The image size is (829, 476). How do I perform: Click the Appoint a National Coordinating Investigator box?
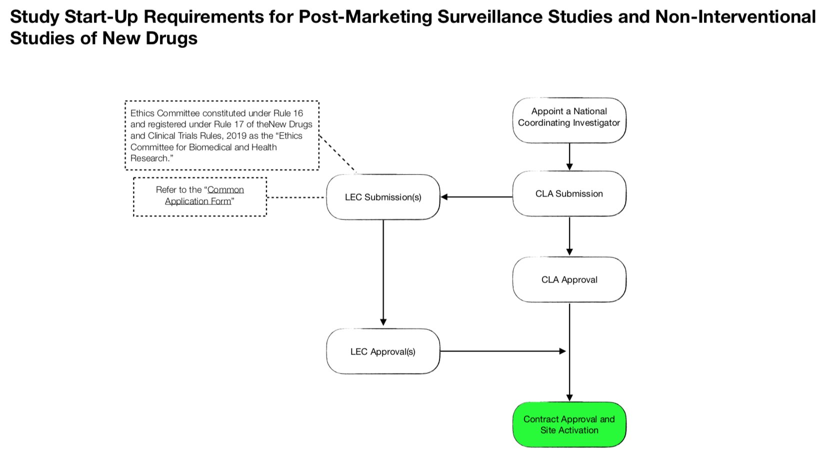[x=569, y=120]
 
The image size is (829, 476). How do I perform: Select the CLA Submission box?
[x=569, y=193]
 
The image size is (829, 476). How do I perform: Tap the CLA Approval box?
[x=569, y=279]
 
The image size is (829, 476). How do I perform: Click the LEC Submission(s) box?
[x=383, y=197]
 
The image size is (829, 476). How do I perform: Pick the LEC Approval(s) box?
[x=383, y=351]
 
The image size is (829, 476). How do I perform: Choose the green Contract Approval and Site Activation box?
[x=569, y=424]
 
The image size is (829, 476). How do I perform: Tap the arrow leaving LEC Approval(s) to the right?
[x=502, y=351]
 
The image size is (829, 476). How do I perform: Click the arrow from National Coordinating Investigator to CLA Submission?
[x=569, y=156]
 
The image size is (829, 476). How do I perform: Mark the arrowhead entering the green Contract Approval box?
[x=569, y=397]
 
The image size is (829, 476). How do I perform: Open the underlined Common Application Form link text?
[x=204, y=195]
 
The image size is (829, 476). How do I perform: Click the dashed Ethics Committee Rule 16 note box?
[x=221, y=135]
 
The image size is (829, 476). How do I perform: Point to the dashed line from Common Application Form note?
[x=295, y=197]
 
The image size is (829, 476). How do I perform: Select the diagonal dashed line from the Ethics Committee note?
[x=337, y=154]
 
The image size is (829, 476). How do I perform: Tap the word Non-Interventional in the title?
[x=735, y=17]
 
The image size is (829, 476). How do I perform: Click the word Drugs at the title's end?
[x=171, y=38]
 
